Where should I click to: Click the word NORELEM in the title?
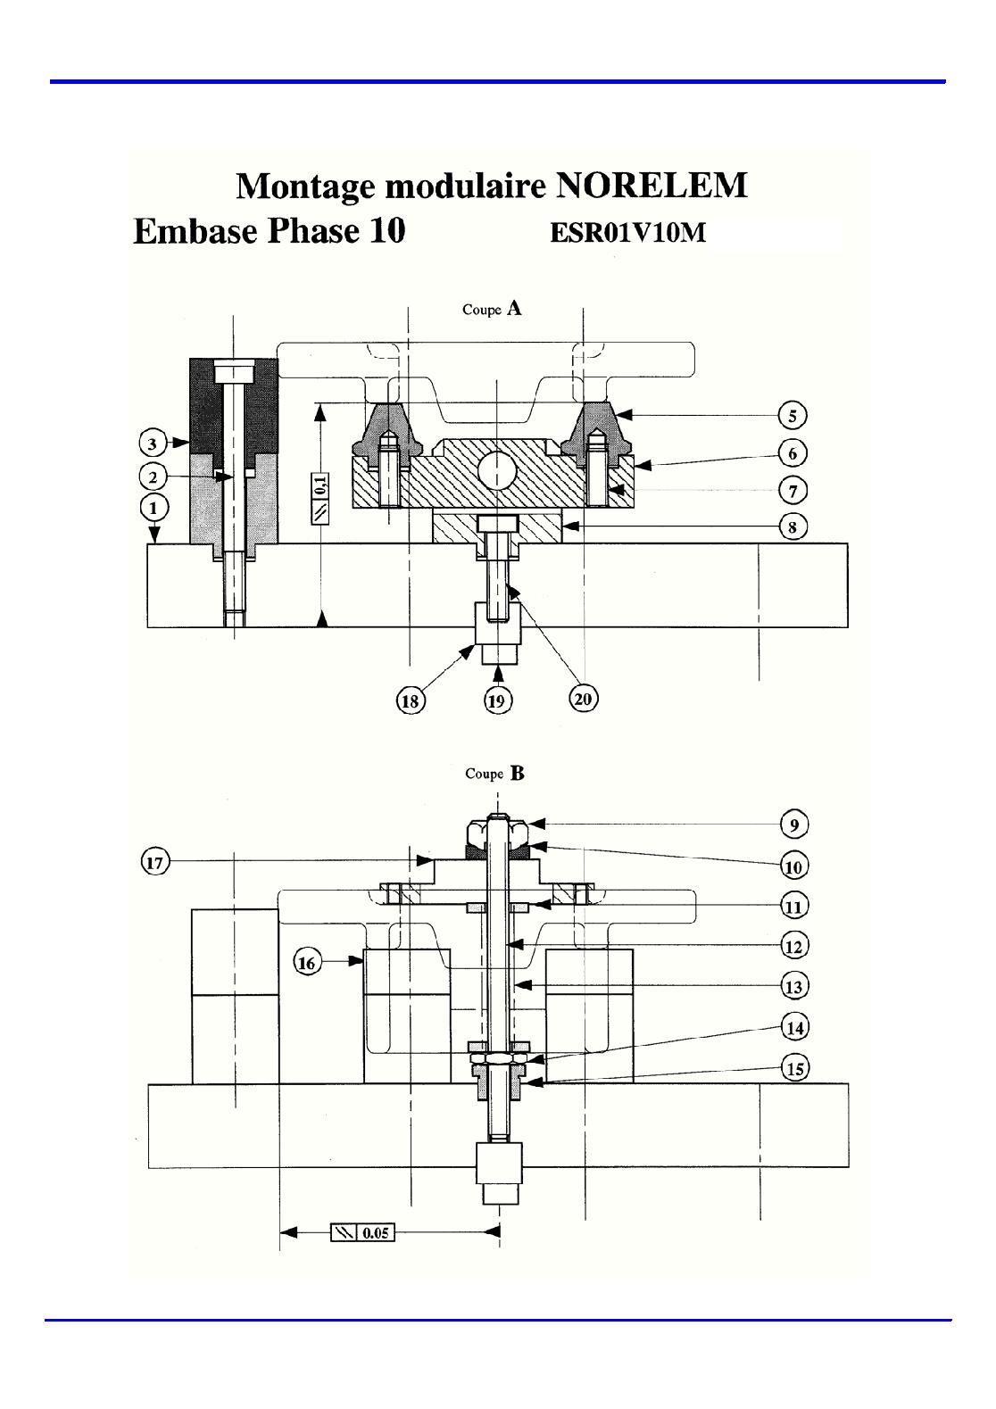(652, 186)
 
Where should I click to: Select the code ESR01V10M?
(628, 233)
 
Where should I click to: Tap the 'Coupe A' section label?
(492, 309)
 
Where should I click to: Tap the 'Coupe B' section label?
(494, 773)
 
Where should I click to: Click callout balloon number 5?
(793, 416)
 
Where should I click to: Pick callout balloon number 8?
(793, 526)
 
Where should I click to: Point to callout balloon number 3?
(153, 443)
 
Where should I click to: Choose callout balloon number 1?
(154, 507)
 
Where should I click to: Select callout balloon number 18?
(411, 700)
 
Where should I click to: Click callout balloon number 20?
(584, 699)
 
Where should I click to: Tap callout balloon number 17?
(154, 862)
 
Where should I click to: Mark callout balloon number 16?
(306, 963)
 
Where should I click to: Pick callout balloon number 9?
(794, 825)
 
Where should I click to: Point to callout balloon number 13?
(794, 986)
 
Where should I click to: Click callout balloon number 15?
(795, 1068)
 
